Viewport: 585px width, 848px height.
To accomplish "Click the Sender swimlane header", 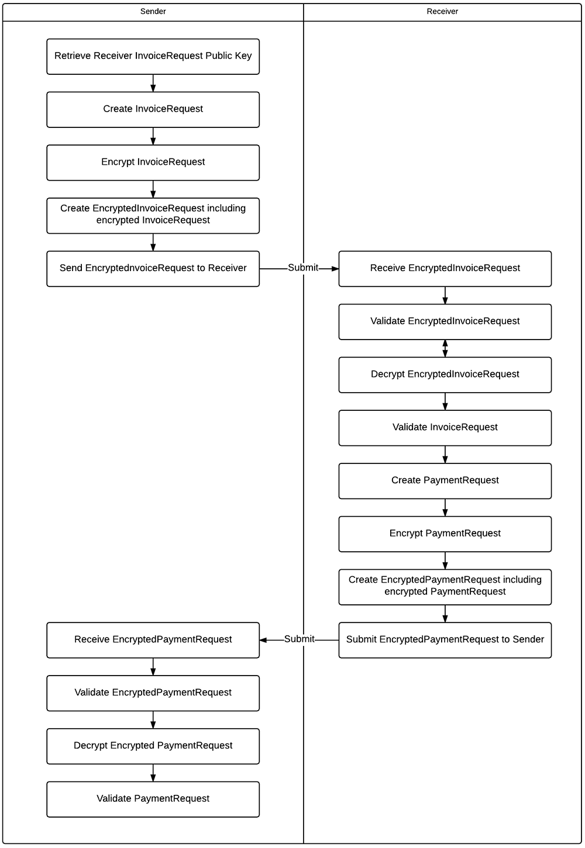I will click(x=153, y=12).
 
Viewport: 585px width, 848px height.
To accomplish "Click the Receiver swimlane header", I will click(x=442, y=12).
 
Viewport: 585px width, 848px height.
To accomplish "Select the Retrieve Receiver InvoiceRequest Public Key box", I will click(x=153, y=56).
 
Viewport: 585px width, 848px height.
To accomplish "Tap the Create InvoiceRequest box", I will click(x=153, y=109).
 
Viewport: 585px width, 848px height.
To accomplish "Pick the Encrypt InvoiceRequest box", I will click(x=153, y=162).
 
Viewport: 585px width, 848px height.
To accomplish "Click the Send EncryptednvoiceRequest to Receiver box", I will click(x=153, y=268).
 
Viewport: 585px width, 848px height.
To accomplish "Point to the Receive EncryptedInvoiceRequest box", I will click(x=445, y=268).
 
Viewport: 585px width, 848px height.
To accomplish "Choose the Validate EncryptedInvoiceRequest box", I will click(x=445, y=321).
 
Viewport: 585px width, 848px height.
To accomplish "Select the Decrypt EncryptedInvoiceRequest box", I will click(x=445, y=375).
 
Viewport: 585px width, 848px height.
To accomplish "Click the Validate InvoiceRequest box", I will click(x=445, y=428).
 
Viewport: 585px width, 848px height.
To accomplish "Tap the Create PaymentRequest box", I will click(x=445, y=480).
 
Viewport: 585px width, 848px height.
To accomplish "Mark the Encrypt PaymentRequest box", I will click(x=445, y=534).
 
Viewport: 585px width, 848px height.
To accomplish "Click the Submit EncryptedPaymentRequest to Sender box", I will click(x=445, y=640).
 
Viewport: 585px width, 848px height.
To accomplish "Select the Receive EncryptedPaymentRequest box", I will click(x=153, y=640).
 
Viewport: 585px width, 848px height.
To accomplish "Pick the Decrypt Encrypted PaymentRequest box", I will click(x=153, y=746).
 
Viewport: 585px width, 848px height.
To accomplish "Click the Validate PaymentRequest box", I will click(x=153, y=799).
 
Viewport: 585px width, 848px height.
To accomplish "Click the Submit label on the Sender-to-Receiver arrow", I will click(x=303, y=268).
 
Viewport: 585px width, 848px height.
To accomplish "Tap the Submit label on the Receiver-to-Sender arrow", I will click(x=300, y=639).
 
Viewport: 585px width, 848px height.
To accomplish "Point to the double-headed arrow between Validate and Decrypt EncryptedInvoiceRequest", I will click(x=445, y=348).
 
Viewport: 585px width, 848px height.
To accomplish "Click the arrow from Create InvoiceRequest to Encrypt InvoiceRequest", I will click(x=153, y=136).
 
